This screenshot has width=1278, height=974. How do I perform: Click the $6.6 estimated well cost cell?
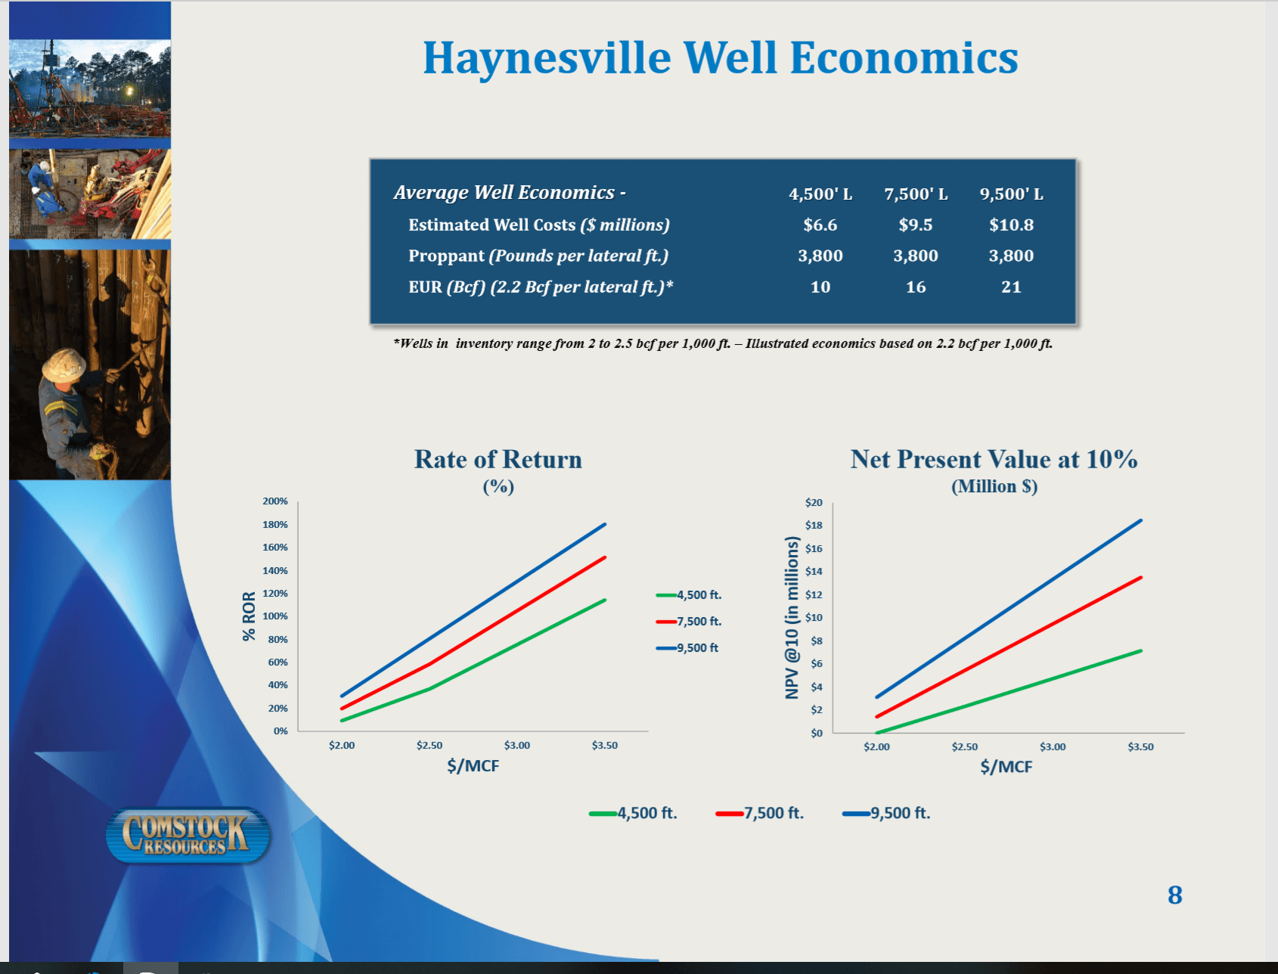click(x=820, y=225)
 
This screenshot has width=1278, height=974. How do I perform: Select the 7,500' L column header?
click(x=916, y=194)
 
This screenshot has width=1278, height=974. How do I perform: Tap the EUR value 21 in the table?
click(x=1010, y=287)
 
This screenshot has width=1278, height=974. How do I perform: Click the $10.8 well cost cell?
click(x=1010, y=225)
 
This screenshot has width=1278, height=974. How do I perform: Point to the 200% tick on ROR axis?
click(x=275, y=501)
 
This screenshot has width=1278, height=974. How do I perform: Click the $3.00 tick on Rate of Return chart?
click(x=517, y=746)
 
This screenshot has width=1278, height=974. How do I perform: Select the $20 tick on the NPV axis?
click(x=814, y=503)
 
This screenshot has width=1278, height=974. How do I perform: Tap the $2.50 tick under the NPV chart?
click(x=964, y=747)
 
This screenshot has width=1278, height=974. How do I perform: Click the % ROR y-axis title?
click(x=249, y=616)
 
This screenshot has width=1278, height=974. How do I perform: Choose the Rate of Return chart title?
click(x=498, y=460)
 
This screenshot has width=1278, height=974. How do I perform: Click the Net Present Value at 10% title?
click(x=994, y=460)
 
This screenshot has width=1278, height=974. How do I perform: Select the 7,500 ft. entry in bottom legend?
click(x=761, y=814)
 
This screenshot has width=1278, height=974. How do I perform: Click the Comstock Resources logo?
click(x=187, y=836)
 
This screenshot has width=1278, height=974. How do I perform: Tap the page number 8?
click(x=1174, y=895)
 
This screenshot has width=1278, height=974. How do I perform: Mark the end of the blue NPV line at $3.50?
click(x=1140, y=521)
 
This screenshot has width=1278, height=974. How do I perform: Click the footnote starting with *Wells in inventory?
click(x=722, y=344)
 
